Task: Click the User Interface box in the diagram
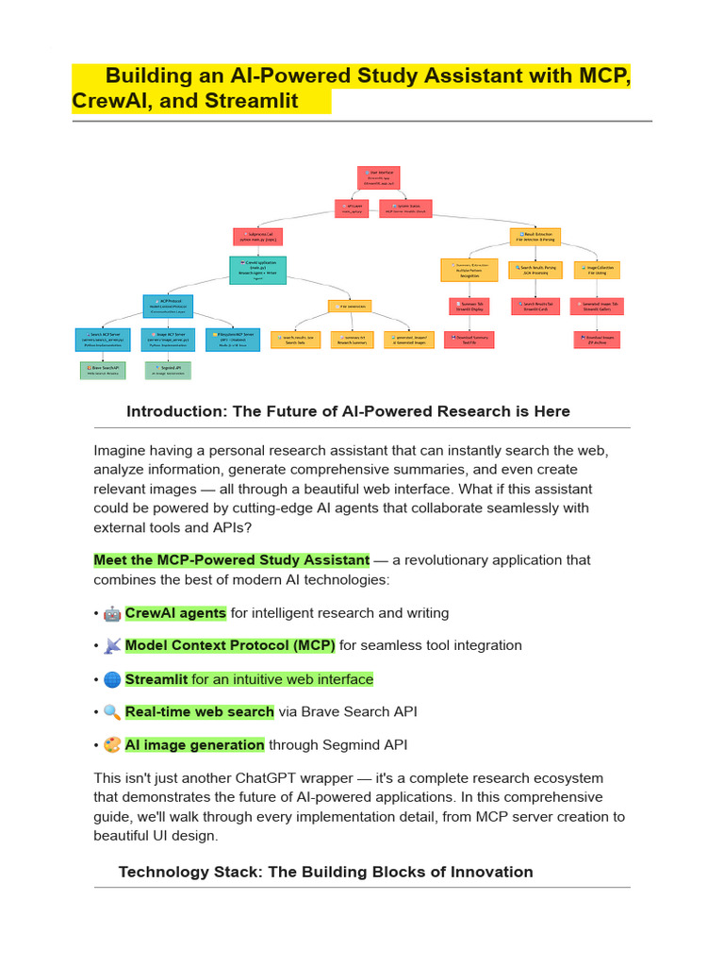378,177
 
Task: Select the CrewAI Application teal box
257,271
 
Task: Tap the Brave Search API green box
102,371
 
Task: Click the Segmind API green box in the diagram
168,371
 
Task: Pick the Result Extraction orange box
535,237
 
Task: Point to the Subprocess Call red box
259,237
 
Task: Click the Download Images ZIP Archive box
596,340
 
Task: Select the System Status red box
405,208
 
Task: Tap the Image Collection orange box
597,270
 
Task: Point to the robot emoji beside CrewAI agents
112,613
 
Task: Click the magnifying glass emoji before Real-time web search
112,712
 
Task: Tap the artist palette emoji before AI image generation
112,745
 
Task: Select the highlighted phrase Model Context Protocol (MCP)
230,645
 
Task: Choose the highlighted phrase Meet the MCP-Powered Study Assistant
231,559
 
